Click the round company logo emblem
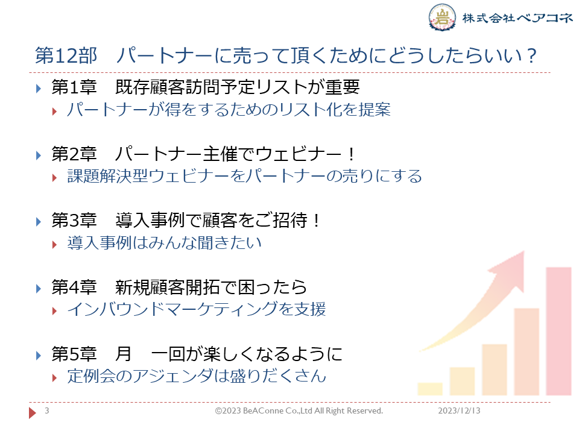[x=442, y=17]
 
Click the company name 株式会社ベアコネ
[x=517, y=17]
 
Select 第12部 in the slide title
[x=66, y=55]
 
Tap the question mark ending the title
[x=532, y=55]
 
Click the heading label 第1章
[x=74, y=87]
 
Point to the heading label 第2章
[x=74, y=154]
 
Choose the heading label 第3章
[x=74, y=221]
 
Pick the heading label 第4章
[x=74, y=287]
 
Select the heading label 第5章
[x=74, y=354]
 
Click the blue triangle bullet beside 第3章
[x=39, y=222]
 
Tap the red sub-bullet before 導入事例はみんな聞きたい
[x=55, y=245]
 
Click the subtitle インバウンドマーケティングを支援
[x=197, y=309]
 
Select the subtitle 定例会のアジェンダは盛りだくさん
[x=197, y=376]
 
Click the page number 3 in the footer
[x=47, y=410]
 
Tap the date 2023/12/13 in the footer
[x=459, y=410]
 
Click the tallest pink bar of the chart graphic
[x=558, y=331]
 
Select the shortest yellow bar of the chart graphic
[x=430, y=389]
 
